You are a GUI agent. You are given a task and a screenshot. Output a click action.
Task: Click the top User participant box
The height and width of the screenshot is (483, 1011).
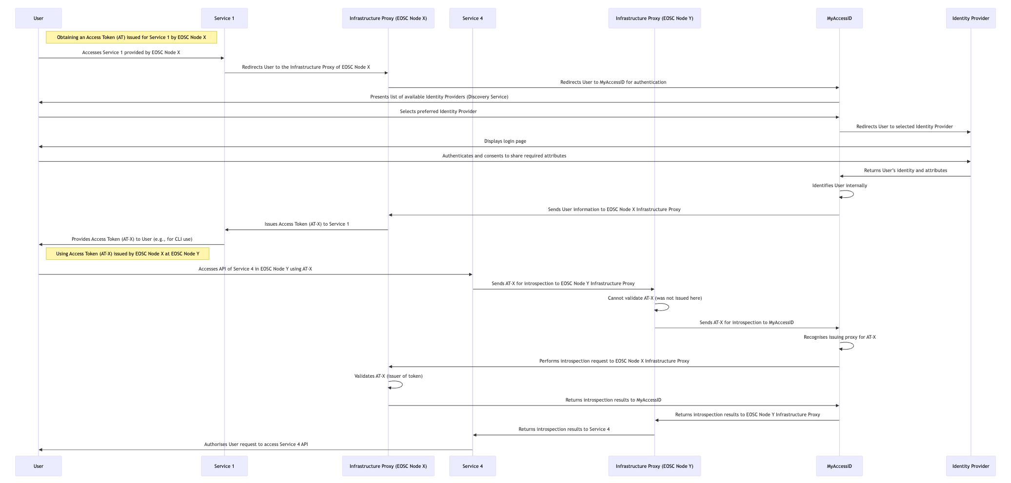[x=39, y=19]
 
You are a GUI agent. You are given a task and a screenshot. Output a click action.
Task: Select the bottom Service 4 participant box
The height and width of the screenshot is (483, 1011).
[x=473, y=466]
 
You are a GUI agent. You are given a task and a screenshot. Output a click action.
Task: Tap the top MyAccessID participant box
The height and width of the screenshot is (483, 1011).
[x=839, y=19]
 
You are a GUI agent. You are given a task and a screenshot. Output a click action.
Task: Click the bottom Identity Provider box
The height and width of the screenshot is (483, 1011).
[x=971, y=466]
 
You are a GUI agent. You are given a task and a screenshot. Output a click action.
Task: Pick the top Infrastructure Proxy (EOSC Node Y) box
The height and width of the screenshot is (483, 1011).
[x=654, y=19]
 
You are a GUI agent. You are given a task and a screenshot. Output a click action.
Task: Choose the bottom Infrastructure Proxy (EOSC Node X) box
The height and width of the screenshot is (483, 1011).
[x=388, y=466]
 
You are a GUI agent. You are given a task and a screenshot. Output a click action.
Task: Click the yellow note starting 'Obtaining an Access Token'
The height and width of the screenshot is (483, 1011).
[x=131, y=38]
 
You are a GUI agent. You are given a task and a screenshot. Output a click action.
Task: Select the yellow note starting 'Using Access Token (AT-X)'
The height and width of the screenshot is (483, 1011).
[x=128, y=254]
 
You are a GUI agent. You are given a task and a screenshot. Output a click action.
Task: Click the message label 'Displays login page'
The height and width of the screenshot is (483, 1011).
[x=505, y=141]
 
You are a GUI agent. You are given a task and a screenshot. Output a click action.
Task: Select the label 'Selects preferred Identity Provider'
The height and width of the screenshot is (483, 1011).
[x=438, y=112]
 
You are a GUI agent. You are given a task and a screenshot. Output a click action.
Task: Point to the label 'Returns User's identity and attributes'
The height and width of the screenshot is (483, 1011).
[x=906, y=171]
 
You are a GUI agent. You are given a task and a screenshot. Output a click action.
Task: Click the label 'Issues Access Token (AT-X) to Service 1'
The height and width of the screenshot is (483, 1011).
[x=307, y=224]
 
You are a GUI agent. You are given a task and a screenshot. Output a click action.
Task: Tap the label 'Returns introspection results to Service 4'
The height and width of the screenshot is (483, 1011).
[x=564, y=429]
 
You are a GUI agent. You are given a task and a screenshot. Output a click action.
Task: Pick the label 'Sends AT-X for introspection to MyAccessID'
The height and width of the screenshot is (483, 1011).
[x=747, y=323]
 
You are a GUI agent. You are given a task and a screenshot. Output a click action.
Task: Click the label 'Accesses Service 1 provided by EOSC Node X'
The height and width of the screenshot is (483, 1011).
[x=131, y=53]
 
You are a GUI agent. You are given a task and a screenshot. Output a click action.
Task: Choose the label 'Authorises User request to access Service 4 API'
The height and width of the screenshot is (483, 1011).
[x=256, y=444]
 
